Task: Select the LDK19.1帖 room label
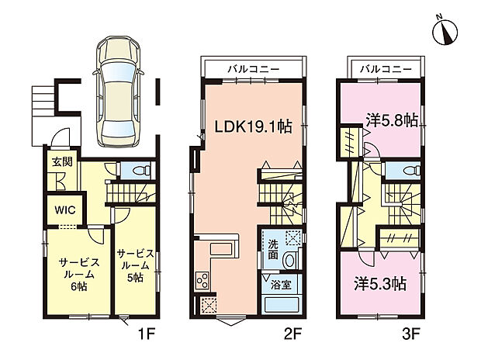pyautogui.click(x=253, y=126)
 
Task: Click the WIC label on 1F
pyautogui.click(x=65, y=210)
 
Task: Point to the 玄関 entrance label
pyautogui.click(x=62, y=162)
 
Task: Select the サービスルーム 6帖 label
pyautogui.click(x=79, y=274)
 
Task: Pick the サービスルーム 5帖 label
pyautogui.click(x=135, y=265)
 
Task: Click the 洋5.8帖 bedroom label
pyautogui.click(x=392, y=120)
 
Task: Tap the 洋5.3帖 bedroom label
pyautogui.click(x=380, y=284)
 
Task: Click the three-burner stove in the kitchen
pyautogui.click(x=202, y=281)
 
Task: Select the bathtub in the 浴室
pyautogui.click(x=282, y=305)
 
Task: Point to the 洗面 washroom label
pyautogui.click(x=273, y=250)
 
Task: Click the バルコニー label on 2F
pyautogui.click(x=254, y=69)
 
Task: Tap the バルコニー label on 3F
pyautogui.click(x=386, y=69)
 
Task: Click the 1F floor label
pyautogui.click(x=147, y=334)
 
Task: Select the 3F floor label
pyautogui.click(x=410, y=334)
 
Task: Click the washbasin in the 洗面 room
pyautogui.click(x=289, y=260)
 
